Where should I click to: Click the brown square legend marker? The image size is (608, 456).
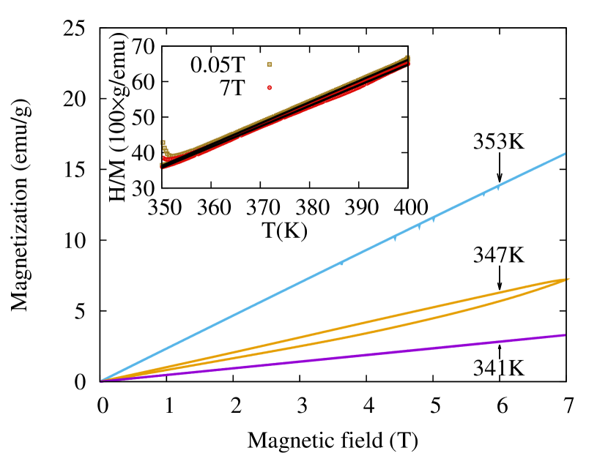click(x=269, y=64)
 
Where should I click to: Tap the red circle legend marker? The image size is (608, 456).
click(x=269, y=88)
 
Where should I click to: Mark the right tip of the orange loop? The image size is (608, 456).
click(x=568, y=279)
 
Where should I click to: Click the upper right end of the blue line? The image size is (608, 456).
click(x=564, y=154)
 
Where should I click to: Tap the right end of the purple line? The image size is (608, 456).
click(x=564, y=334)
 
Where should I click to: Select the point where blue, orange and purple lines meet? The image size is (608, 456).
click(x=102, y=380)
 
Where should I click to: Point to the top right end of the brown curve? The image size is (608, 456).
click(x=407, y=57)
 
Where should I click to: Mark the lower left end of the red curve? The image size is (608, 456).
click(x=162, y=168)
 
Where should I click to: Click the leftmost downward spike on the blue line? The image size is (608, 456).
click(x=341, y=264)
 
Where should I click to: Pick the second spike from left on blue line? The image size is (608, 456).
click(x=395, y=239)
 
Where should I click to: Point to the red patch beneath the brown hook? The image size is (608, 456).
click(x=168, y=158)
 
